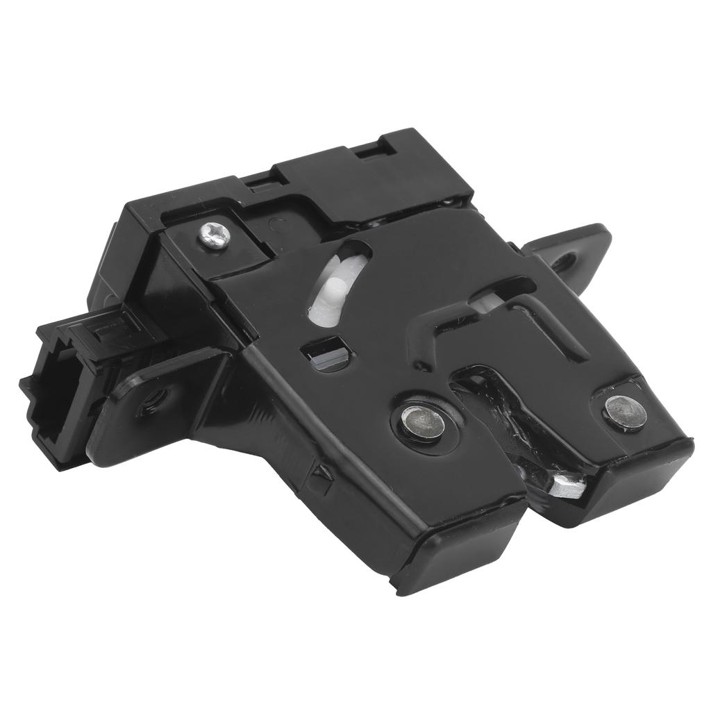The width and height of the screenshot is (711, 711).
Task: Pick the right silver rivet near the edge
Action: pyautogui.click(x=625, y=412)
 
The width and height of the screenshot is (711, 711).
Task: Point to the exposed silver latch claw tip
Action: pyautogui.click(x=568, y=486)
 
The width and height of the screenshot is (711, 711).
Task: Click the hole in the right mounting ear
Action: pyautogui.click(x=564, y=262)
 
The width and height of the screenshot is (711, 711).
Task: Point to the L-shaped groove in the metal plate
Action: pyautogui.click(x=444, y=326)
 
